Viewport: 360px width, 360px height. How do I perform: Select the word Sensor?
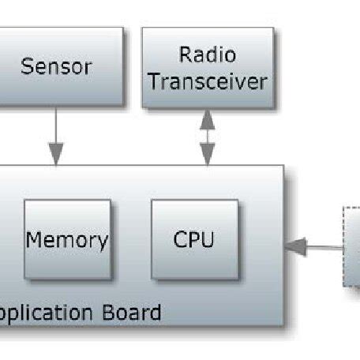click(x=56, y=66)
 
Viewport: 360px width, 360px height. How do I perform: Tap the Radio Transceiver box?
click(x=208, y=67)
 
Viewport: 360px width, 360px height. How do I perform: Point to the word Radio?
click(x=208, y=54)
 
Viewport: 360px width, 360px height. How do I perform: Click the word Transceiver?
click(x=208, y=81)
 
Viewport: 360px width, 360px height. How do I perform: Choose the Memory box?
click(x=68, y=239)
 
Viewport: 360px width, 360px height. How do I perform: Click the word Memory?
click(x=68, y=239)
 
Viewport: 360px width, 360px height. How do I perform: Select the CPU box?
click(x=194, y=239)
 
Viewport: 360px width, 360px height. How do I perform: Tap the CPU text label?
click(x=194, y=239)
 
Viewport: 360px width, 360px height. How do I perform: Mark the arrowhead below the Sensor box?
click(x=56, y=150)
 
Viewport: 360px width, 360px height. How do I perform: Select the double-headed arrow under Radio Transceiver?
click(x=208, y=137)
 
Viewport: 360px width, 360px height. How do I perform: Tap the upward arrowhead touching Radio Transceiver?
click(x=208, y=116)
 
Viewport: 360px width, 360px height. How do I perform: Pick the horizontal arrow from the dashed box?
click(x=316, y=247)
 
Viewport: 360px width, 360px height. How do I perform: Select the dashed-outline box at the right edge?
click(x=351, y=245)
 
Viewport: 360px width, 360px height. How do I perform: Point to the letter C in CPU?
click(x=180, y=239)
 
